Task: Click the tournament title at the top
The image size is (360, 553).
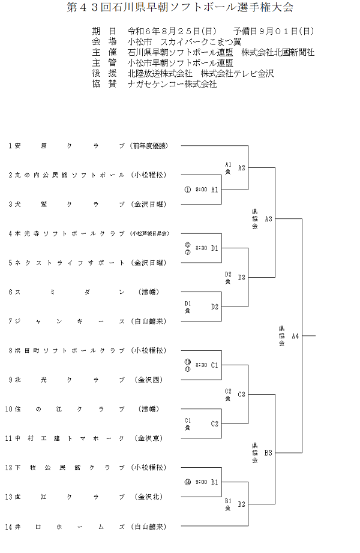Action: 179,8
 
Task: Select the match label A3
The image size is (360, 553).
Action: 268,219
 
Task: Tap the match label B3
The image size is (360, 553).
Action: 268,453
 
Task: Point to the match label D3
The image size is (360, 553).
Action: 241,277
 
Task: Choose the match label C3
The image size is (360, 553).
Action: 241,394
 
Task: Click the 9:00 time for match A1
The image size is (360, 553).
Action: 201,190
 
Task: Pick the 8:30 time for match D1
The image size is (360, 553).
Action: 201,248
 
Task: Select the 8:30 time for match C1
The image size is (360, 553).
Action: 201,365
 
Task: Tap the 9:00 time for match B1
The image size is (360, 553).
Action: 201,482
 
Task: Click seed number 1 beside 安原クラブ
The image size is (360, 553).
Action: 10,146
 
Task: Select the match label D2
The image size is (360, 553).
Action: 214,306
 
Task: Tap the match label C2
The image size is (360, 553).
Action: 214,423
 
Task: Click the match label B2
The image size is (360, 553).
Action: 241,504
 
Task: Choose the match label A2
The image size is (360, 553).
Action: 241,168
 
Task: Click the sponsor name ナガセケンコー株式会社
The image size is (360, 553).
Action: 172,85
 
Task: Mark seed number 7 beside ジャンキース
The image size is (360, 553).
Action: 10,321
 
